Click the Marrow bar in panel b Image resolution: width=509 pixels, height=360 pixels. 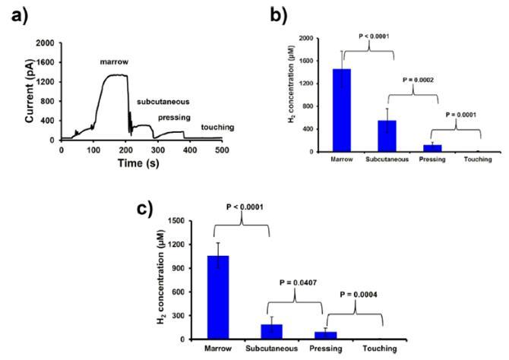(342, 110)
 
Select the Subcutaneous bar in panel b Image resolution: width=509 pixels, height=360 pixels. (388, 136)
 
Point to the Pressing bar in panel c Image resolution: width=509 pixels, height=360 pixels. (324, 335)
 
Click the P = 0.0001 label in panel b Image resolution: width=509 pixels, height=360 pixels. (462, 115)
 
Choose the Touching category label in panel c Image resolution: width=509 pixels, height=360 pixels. (377, 349)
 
